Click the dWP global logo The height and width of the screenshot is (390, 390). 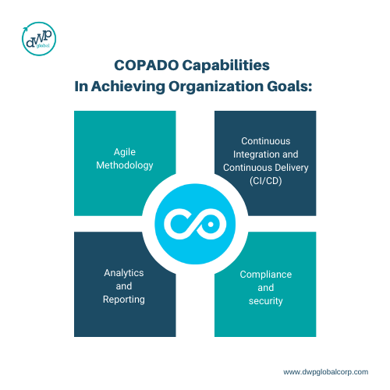coord(39,39)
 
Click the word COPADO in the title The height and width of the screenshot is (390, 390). coord(147,66)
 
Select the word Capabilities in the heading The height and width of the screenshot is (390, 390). coord(225,66)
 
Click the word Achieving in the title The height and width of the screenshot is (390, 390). coord(128,87)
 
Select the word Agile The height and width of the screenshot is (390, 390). coord(125,152)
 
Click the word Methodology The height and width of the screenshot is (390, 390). coord(125,165)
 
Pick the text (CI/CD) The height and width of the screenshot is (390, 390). coord(265,181)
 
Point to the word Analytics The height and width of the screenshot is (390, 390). coord(124,273)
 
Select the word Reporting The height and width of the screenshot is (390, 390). coord(124,300)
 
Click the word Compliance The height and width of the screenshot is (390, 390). coord(265,275)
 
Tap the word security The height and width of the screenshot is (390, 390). coord(265,301)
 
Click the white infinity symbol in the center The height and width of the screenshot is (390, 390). coord(195,224)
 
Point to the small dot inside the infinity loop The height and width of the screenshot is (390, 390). coord(211,224)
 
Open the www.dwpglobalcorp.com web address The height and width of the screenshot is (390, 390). coord(325,372)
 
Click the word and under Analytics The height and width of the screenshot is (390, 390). coord(124,286)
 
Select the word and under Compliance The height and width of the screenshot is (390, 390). coord(265,288)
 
